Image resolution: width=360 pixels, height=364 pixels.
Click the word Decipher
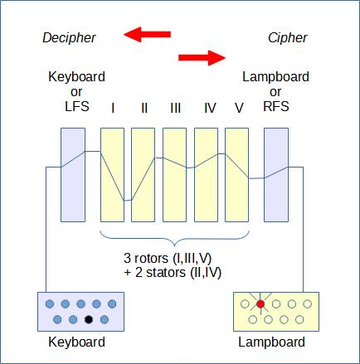[69, 38]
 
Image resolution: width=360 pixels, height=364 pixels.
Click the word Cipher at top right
[288, 38]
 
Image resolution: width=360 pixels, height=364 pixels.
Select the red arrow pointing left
[147, 34]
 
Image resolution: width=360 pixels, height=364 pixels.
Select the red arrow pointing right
[202, 58]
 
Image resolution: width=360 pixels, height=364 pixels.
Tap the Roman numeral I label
[113, 108]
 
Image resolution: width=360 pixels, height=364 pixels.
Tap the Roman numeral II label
[144, 108]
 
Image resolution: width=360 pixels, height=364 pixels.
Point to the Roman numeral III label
[176, 108]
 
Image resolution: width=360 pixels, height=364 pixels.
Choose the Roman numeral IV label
[210, 108]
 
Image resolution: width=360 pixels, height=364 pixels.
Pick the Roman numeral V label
[239, 108]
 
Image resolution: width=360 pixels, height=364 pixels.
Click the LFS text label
[77, 106]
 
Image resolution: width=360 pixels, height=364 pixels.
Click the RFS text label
[276, 106]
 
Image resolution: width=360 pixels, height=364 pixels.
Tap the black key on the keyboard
[89, 319]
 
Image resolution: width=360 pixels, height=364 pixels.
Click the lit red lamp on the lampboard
[260, 304]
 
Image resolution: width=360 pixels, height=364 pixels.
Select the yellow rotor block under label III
[174, 175]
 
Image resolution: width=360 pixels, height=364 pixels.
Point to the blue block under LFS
[73, 175]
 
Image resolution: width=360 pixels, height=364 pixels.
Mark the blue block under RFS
[276, 175]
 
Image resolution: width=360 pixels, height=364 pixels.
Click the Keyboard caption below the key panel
[76, 342]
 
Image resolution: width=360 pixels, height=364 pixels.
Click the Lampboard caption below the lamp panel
[272, 342]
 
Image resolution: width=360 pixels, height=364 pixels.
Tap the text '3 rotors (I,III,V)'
[168, 259]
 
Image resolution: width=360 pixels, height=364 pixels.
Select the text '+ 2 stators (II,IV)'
[173, 273]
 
